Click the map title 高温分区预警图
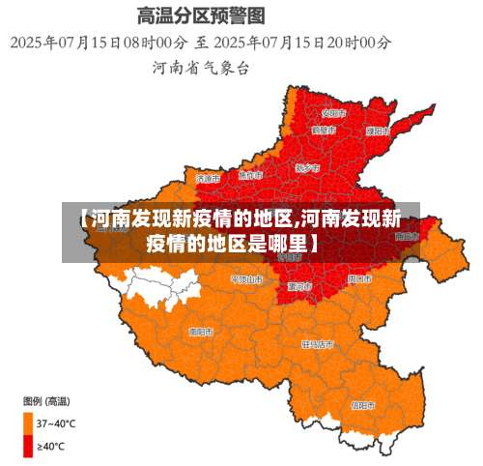click(x=201, y=16)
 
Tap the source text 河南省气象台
click(x=200, y=68)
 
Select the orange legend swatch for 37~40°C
click(x=28, y=422)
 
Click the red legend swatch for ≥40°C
click(x=28, y=446)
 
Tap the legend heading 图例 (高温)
click(x=44, y=400)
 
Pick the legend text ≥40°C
click(x=52, y=446)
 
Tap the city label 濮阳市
click(x=378, y=131)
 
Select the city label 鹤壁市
click(x=324, y=130)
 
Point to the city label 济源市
click(x=208, y=178)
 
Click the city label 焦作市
click(x=250, y=175)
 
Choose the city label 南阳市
click(x=201, y=331)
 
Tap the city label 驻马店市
click(x=318, y=343)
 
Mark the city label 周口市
click(x=358, y=278)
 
